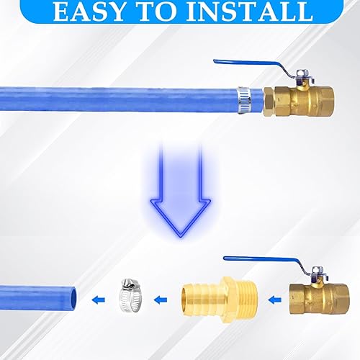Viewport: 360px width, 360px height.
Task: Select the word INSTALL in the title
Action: coord(246,12)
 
